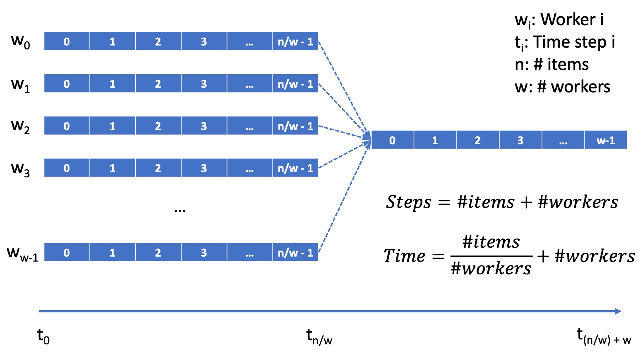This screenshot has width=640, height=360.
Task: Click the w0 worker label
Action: [20, 42]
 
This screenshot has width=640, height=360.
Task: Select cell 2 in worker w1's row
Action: [158, 84]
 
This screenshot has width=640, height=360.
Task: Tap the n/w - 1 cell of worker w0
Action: [295, 41]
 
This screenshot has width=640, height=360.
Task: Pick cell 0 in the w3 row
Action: [66, 168]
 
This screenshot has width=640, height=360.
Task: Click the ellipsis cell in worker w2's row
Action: [249, 126]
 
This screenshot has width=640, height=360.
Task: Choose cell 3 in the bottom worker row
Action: [204, 252]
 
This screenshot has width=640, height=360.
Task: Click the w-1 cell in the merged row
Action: [606, 140]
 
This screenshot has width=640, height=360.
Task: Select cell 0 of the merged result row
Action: [392, 140]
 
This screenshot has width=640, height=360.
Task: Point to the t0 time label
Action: [43, 336]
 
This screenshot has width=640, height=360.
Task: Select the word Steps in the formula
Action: [409, 202]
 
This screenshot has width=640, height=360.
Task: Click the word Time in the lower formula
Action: [404, 256]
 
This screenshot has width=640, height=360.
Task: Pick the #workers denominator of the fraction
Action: [491, 268]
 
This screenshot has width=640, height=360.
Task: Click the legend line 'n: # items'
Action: [551, 65]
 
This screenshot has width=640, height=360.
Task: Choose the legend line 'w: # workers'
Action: [562, 87]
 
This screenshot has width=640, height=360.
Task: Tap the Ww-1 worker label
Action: [22, 253]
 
